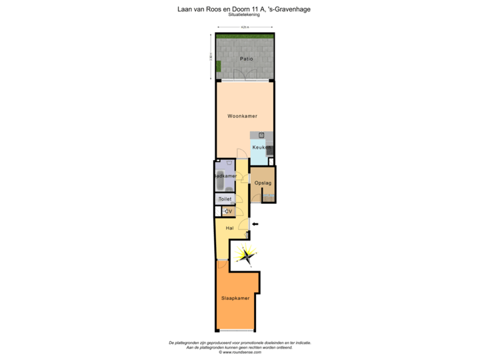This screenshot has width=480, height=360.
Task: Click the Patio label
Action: point(246,59)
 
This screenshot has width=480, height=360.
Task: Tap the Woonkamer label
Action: point(242,116)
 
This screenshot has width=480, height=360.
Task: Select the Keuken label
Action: point(261,147)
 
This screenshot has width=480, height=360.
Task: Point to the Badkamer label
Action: point(225,176)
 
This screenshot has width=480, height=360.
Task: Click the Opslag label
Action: point(263,183)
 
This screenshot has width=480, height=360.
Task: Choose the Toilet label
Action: point(224,199)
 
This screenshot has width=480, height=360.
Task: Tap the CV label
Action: point(228,211)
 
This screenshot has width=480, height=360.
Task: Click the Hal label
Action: point(229,228)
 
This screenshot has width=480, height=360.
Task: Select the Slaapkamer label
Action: point(235,298)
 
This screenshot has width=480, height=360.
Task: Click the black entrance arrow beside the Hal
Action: point(255,224)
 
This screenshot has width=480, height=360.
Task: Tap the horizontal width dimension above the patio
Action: point(245,27)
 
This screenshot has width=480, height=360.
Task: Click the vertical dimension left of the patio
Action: point(210,57)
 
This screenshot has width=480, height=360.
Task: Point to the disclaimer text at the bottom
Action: point(239,347)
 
